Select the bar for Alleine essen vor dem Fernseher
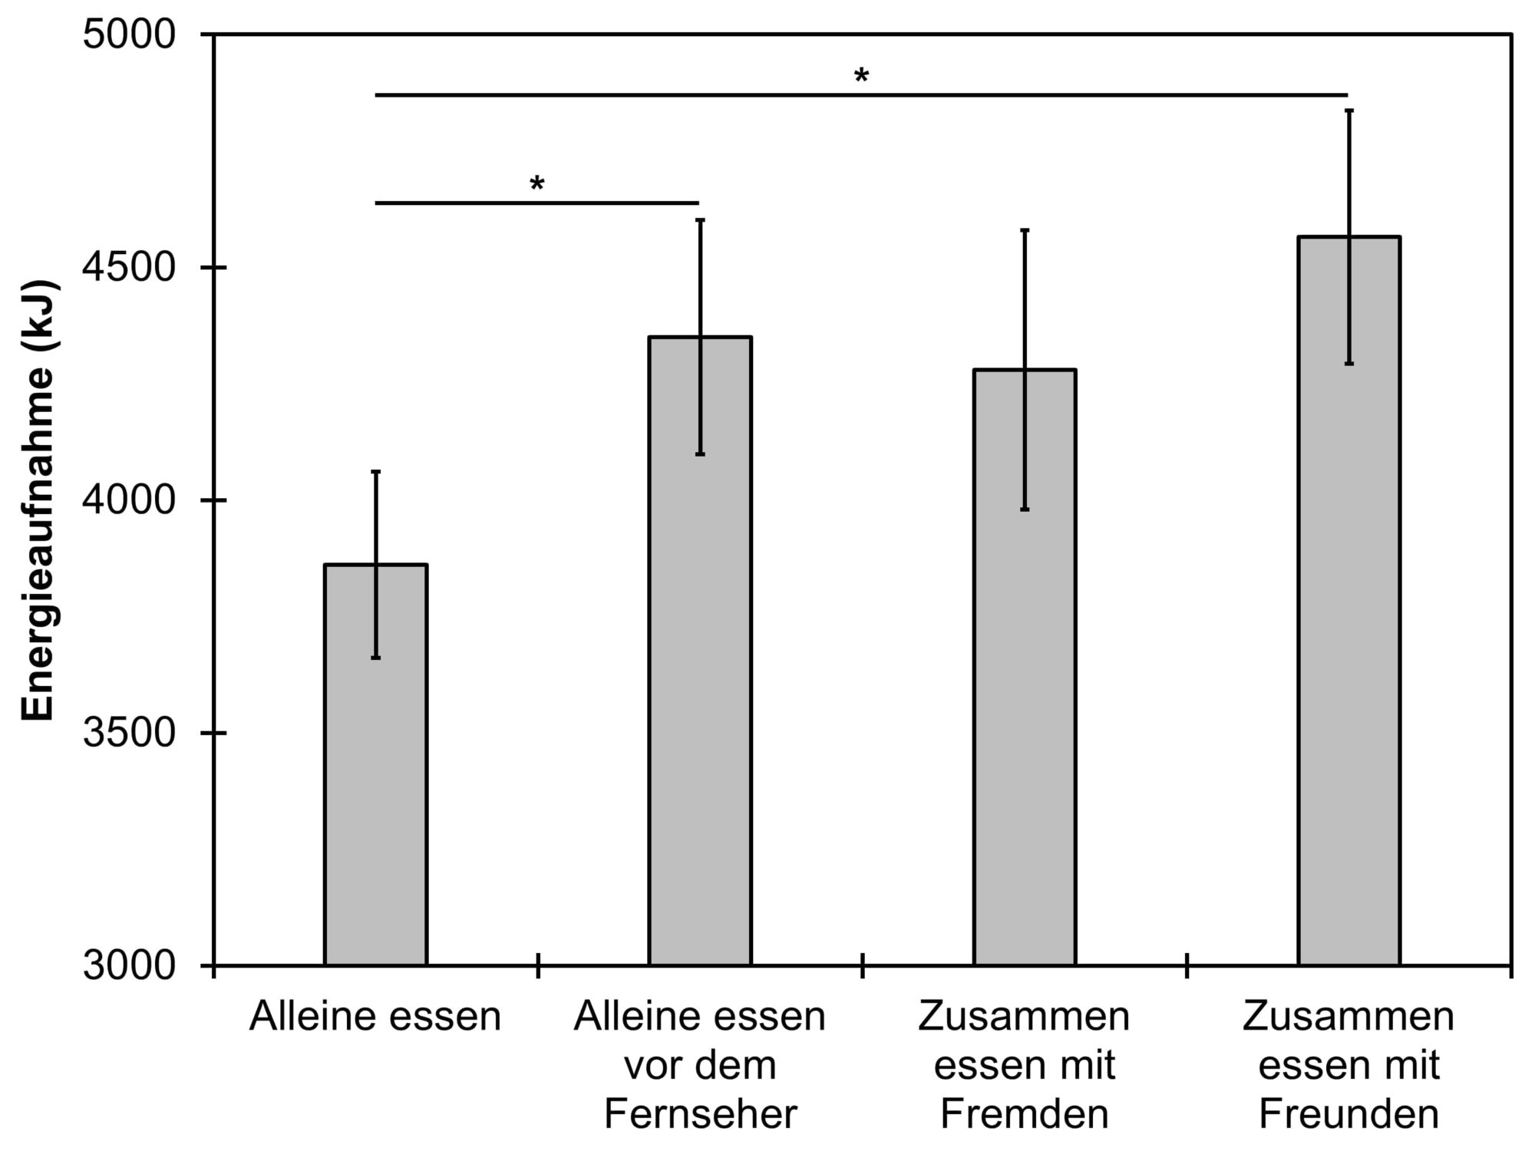700,691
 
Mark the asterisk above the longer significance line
861,76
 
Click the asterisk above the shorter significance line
536,184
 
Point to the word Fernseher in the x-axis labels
700,1114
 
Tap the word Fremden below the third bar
1025,1114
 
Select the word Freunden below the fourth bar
1348,1114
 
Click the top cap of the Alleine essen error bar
376,472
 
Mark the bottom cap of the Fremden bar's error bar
1025,510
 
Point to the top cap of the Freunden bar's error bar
1348,111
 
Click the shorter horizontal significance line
536,203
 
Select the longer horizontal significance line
861,95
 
